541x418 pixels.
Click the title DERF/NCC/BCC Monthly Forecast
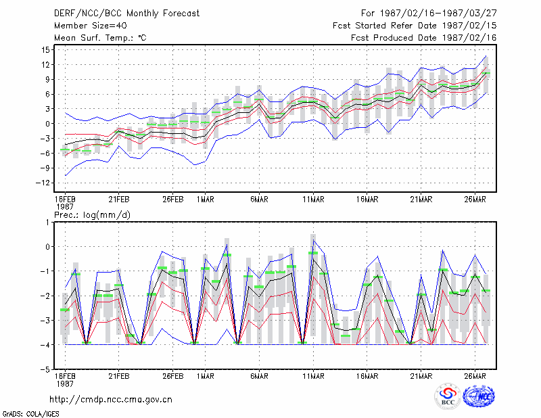click(x=126, y=14)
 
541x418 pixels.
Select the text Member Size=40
click(x=91, y=26)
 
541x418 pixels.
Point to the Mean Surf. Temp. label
click(x=100, y=38)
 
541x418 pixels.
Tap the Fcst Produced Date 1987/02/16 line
click(x=424, y=38)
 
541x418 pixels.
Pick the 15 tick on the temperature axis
click(x=45, y=50)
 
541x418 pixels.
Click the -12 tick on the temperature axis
click(x=43, y=183)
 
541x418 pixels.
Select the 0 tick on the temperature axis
click(x=47, y=124)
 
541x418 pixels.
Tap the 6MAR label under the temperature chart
click(x=259, y=200)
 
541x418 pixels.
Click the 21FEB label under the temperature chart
click(x=119, y=200)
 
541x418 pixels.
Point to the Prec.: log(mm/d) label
click(x=92, y=215)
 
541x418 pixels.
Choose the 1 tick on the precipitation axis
click(x=47, y=223)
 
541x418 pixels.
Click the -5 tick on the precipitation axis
click(x=45, y=369)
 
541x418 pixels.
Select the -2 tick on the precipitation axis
click(x=45, y=296)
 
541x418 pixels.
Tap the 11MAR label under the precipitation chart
click(x=313, y=376)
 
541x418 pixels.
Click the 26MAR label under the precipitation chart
click(x=475, y=376)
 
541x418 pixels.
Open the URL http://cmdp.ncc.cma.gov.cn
click(x=111, y=400)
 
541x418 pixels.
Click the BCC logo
click(x=448, y=396)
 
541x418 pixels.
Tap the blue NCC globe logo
click(x=479, y=396)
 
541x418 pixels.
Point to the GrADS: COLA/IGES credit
click(x=30, y=414)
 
